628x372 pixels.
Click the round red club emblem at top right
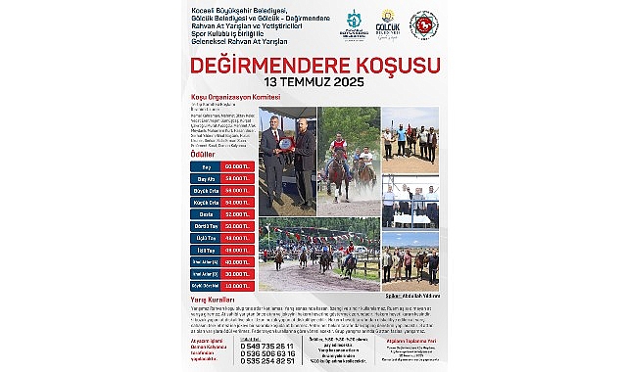point(423,24)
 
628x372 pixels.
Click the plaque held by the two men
point(285,144)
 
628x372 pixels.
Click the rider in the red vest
point(338,148)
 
